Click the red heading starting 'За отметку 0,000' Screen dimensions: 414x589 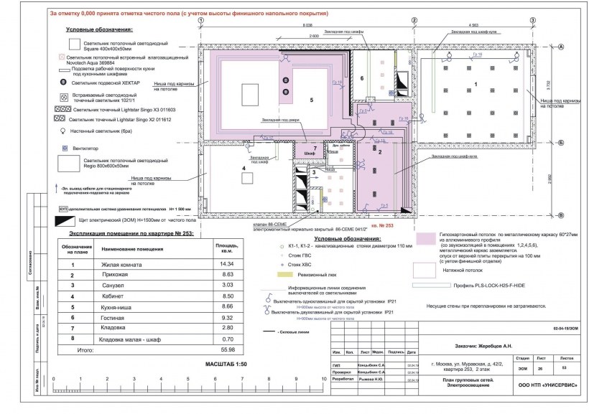pos(190,14)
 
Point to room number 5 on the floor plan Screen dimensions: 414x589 pos(311,100)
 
